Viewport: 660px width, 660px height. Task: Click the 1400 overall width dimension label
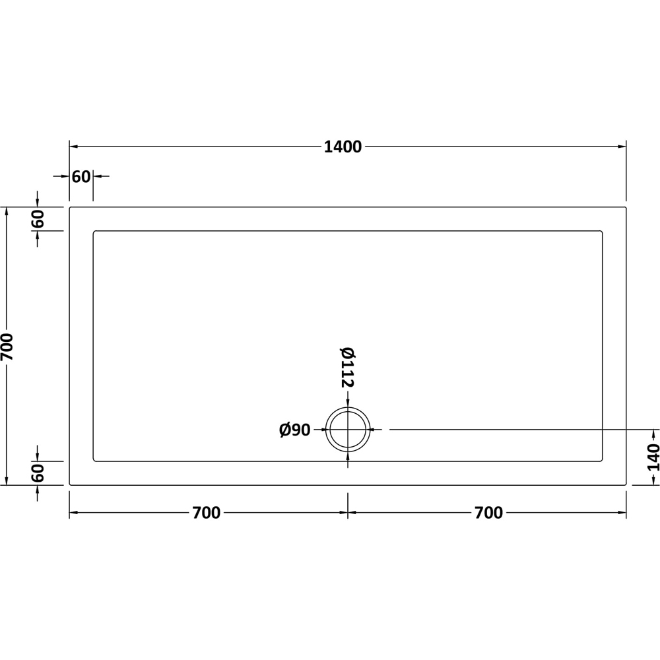(x=343, y=147)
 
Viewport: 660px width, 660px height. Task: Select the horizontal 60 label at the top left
(x=81, y=177)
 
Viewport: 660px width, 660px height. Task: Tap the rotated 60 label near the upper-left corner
(x=38, y=218)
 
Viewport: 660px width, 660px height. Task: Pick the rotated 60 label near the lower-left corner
(x=38, y=473)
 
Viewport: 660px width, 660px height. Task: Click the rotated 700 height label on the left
(x=7, y=346)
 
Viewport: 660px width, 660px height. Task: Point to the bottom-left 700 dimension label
(x=207, y=513)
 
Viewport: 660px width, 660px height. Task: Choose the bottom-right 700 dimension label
(x=488, y=513)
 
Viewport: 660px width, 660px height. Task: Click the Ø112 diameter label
(x=348, y=367)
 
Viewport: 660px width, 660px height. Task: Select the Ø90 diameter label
(x=295, y=430)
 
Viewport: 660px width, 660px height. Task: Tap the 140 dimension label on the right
(x=653, y=457)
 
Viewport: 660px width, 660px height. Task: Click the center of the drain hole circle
(x=348, y=430)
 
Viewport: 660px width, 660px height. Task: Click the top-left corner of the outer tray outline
(x=70, y=208)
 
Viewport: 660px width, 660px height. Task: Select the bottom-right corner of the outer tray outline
(x=626, y=485)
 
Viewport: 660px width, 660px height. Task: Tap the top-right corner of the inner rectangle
(x=602, y=232)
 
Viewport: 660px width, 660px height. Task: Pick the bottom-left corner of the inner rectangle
(x=94, y=461)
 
